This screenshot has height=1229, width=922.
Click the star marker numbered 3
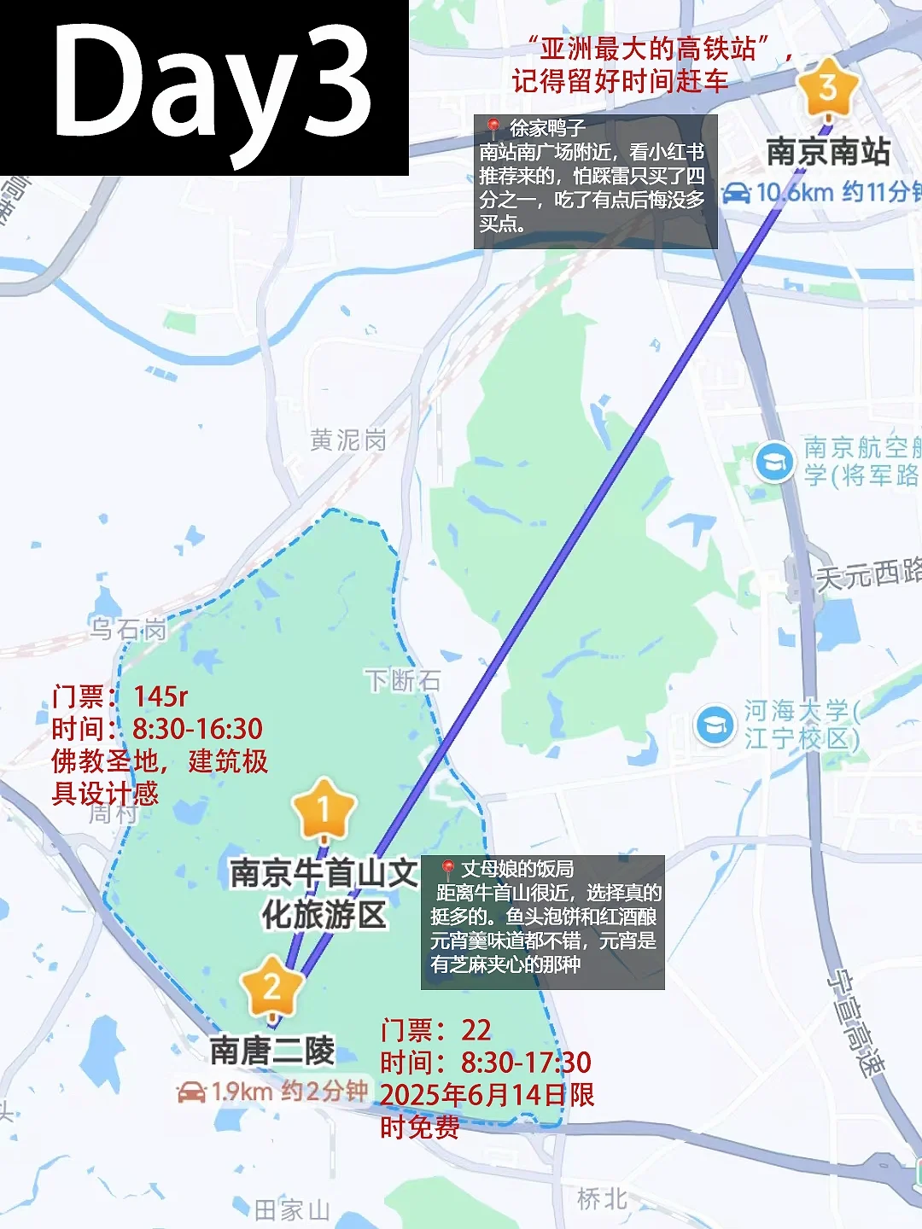tap(826, 88)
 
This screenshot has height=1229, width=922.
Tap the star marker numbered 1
tap(324, 808)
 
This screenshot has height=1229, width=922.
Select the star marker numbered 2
tap(272, 987)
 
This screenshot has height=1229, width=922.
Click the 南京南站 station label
tap(828, 152)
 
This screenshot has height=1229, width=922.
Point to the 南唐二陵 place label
tap(272, 1051)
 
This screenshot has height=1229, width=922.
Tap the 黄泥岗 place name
tap(348, 440)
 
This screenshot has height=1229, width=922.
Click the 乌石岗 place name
tap(128, 630)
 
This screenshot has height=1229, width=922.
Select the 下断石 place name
tap(403, 680)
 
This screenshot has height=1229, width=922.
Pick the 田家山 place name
tap(292, 1209)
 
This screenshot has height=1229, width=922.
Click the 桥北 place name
tap(602, 1199)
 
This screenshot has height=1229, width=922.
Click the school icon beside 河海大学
tap(714, 725)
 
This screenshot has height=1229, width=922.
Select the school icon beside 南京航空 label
tap(774, 463)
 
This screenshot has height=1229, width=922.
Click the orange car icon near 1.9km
tap(191, 1092)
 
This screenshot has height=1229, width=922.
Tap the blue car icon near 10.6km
tap(736, 193)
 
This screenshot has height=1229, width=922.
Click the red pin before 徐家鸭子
tap(493, 128)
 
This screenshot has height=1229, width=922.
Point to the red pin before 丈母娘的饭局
tap(446, 869)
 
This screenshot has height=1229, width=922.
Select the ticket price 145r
tap(160, 696)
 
